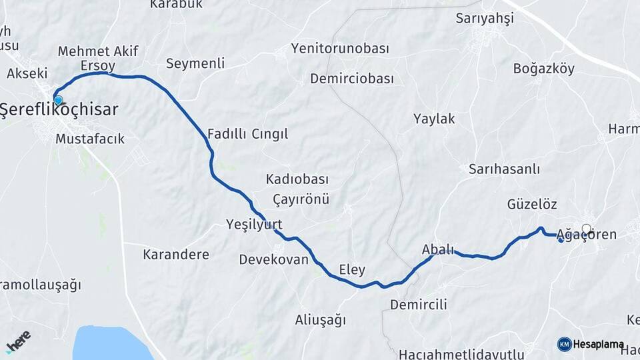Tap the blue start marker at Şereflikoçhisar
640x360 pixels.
pos(58,101)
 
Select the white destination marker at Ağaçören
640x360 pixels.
pos(587,229)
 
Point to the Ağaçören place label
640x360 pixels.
pos(589,235)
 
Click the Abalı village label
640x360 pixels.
pos(438,249)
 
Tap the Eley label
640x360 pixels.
pos(352,269)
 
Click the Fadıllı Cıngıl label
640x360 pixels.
pos(248,134)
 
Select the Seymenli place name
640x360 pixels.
pos(195,63)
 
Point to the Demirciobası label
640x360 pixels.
pos(352,79)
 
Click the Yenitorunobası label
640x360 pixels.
pos(340,49)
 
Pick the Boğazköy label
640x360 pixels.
pos(544,68)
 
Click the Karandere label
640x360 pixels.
pos(176,254)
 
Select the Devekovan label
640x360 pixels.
pos(274,259)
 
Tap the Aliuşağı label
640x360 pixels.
pos(321,320)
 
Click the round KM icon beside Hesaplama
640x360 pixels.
pos(564,344)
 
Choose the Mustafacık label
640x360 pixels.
pos(90,139)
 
